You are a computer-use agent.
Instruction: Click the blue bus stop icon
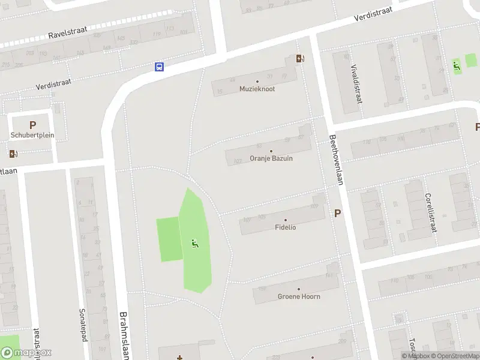(x=160, y=67)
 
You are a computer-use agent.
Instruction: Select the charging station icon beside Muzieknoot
(x=299, y=58)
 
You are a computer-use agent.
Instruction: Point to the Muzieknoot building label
(x=257, y=88)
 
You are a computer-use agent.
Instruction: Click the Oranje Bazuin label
(x=271, y=158)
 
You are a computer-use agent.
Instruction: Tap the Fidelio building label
(x=285, y=227)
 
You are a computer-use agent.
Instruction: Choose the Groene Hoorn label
(x=298, y=296)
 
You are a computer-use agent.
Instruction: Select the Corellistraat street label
(x=429, y=212)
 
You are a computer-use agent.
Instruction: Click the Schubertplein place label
(x=32, y=135)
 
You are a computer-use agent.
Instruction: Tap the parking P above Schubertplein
(x=32, y=125)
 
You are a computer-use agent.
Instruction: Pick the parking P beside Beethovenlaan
(x=337, y=213)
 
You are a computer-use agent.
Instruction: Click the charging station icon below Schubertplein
(x=13, y=152)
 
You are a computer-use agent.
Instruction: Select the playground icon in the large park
(x=194, y=243)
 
